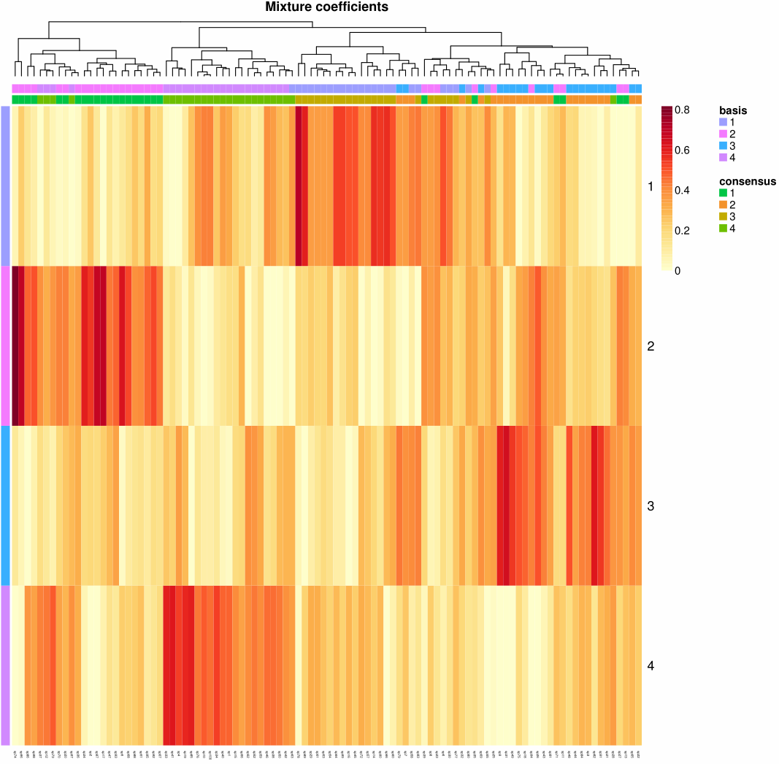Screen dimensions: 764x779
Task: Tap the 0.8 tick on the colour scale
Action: click(683, 110)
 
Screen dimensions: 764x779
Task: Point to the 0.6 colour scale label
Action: click(683, 150)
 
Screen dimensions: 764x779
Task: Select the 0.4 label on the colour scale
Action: click(683, 191)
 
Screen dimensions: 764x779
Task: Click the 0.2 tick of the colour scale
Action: click(683, 231)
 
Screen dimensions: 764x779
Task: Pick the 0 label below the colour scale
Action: click(678, 271)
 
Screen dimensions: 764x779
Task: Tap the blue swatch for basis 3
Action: click(724, 146)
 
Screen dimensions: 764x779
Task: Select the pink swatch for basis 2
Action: click(724, 134)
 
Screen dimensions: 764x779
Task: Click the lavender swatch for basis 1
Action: click(724, 122)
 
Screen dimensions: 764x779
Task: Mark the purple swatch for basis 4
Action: click(724, 158)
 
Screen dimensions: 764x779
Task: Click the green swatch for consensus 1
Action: click(724, 192)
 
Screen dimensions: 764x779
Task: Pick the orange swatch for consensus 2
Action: click(724, 205)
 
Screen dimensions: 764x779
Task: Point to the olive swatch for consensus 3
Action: click(724, 216)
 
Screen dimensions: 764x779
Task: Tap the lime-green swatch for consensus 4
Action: click(724, 229)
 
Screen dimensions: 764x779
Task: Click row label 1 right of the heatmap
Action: click(651, 186)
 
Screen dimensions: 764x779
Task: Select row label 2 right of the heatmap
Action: click(651, 345)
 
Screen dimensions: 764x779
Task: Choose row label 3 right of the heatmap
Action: click(651, 505)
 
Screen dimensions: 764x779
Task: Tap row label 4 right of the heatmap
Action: click(651, 665)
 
